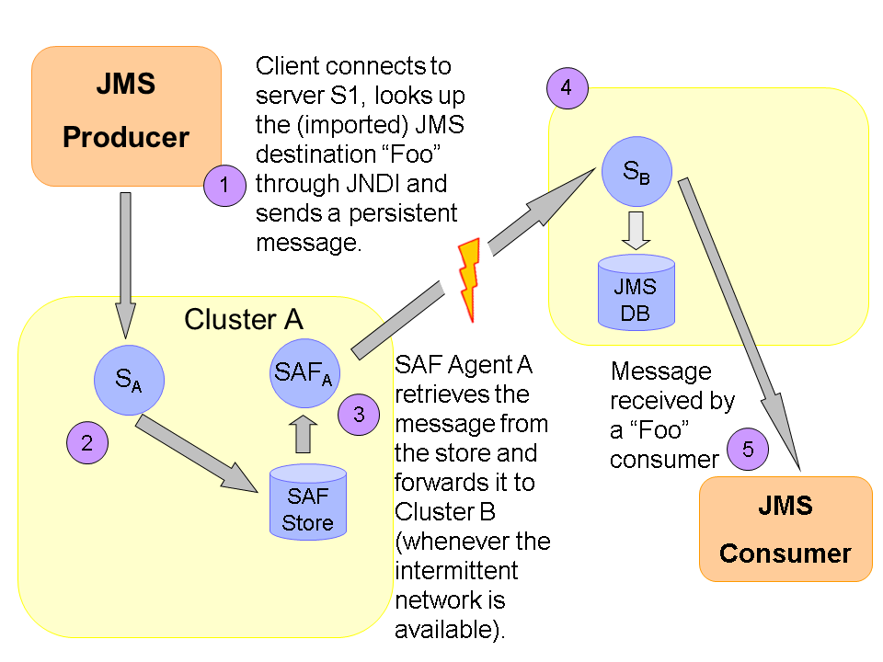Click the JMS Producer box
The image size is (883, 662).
tap(126, 116)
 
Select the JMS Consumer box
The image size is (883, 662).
tap(786, 529)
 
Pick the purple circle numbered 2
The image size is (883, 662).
tap(87, 442)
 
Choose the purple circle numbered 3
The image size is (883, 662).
tap(359, 415)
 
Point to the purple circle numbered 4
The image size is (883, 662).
tap(567, 88)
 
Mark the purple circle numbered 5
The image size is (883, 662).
tap(748, 450)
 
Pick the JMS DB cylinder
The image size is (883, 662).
tap(636, 291)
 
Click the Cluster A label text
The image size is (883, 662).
tap(243, 319)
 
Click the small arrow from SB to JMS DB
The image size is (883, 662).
tap(636, 230)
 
